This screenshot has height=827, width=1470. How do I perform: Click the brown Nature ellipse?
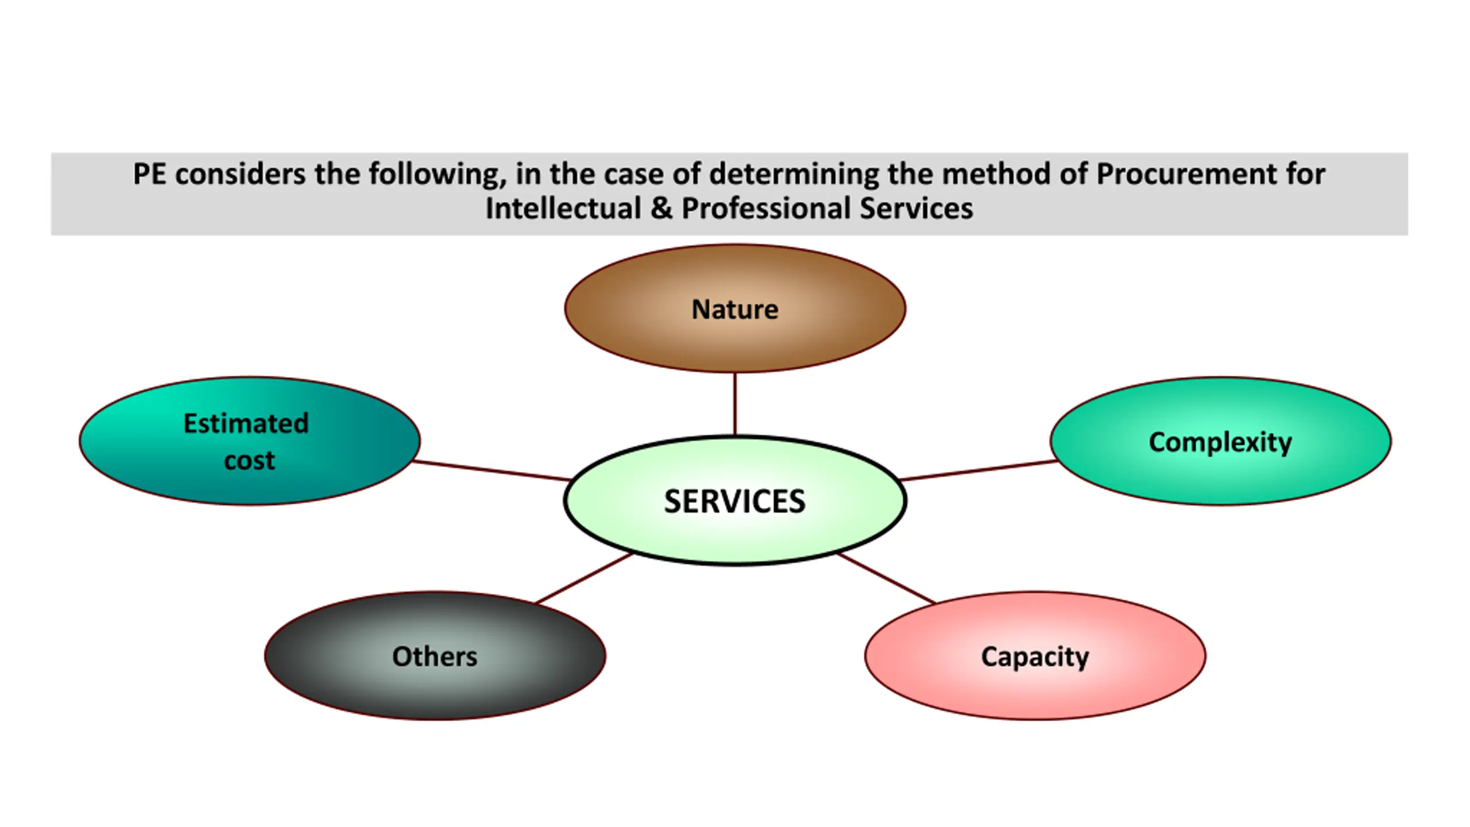(735, 308)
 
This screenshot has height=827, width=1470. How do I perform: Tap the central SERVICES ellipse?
(735, 501)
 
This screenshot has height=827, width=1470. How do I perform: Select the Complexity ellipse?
(1220, 442)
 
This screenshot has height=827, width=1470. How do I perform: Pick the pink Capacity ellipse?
(1035, 656)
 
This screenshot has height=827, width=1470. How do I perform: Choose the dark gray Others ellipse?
(435, 656)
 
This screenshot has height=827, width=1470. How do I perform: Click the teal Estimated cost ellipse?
(250, 441)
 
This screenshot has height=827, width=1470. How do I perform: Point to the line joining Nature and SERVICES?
(735, 404)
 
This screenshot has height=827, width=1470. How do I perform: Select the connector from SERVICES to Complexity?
(977, 470)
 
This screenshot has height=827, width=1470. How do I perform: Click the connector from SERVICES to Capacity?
(887, 578)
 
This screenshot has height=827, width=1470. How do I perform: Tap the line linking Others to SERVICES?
(584, 578)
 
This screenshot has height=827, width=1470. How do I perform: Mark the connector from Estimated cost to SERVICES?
(492, 470)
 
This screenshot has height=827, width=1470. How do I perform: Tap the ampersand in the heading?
(661, 208)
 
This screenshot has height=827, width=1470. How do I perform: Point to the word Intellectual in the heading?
(563, 208)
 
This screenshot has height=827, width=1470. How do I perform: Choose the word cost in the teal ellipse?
(250, 461)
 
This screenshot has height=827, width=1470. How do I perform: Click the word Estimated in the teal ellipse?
(246, 423)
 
